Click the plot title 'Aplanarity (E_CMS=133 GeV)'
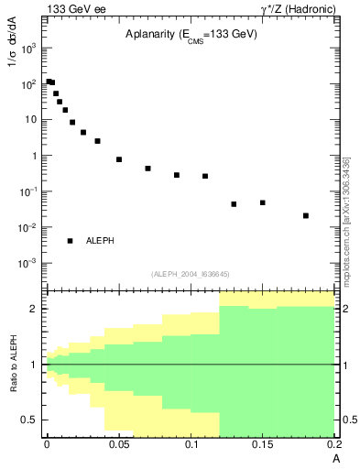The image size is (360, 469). (191, 34)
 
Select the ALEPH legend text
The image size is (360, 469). (100, 241)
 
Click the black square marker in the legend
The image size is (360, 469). (70, 241)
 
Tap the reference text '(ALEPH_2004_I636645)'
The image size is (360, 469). (190, 273)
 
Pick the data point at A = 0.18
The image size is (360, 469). (306, 216)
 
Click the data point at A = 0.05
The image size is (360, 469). (119, 159)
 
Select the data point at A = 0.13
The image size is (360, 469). (234, 204)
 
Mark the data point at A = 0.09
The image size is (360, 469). (177, 175)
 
